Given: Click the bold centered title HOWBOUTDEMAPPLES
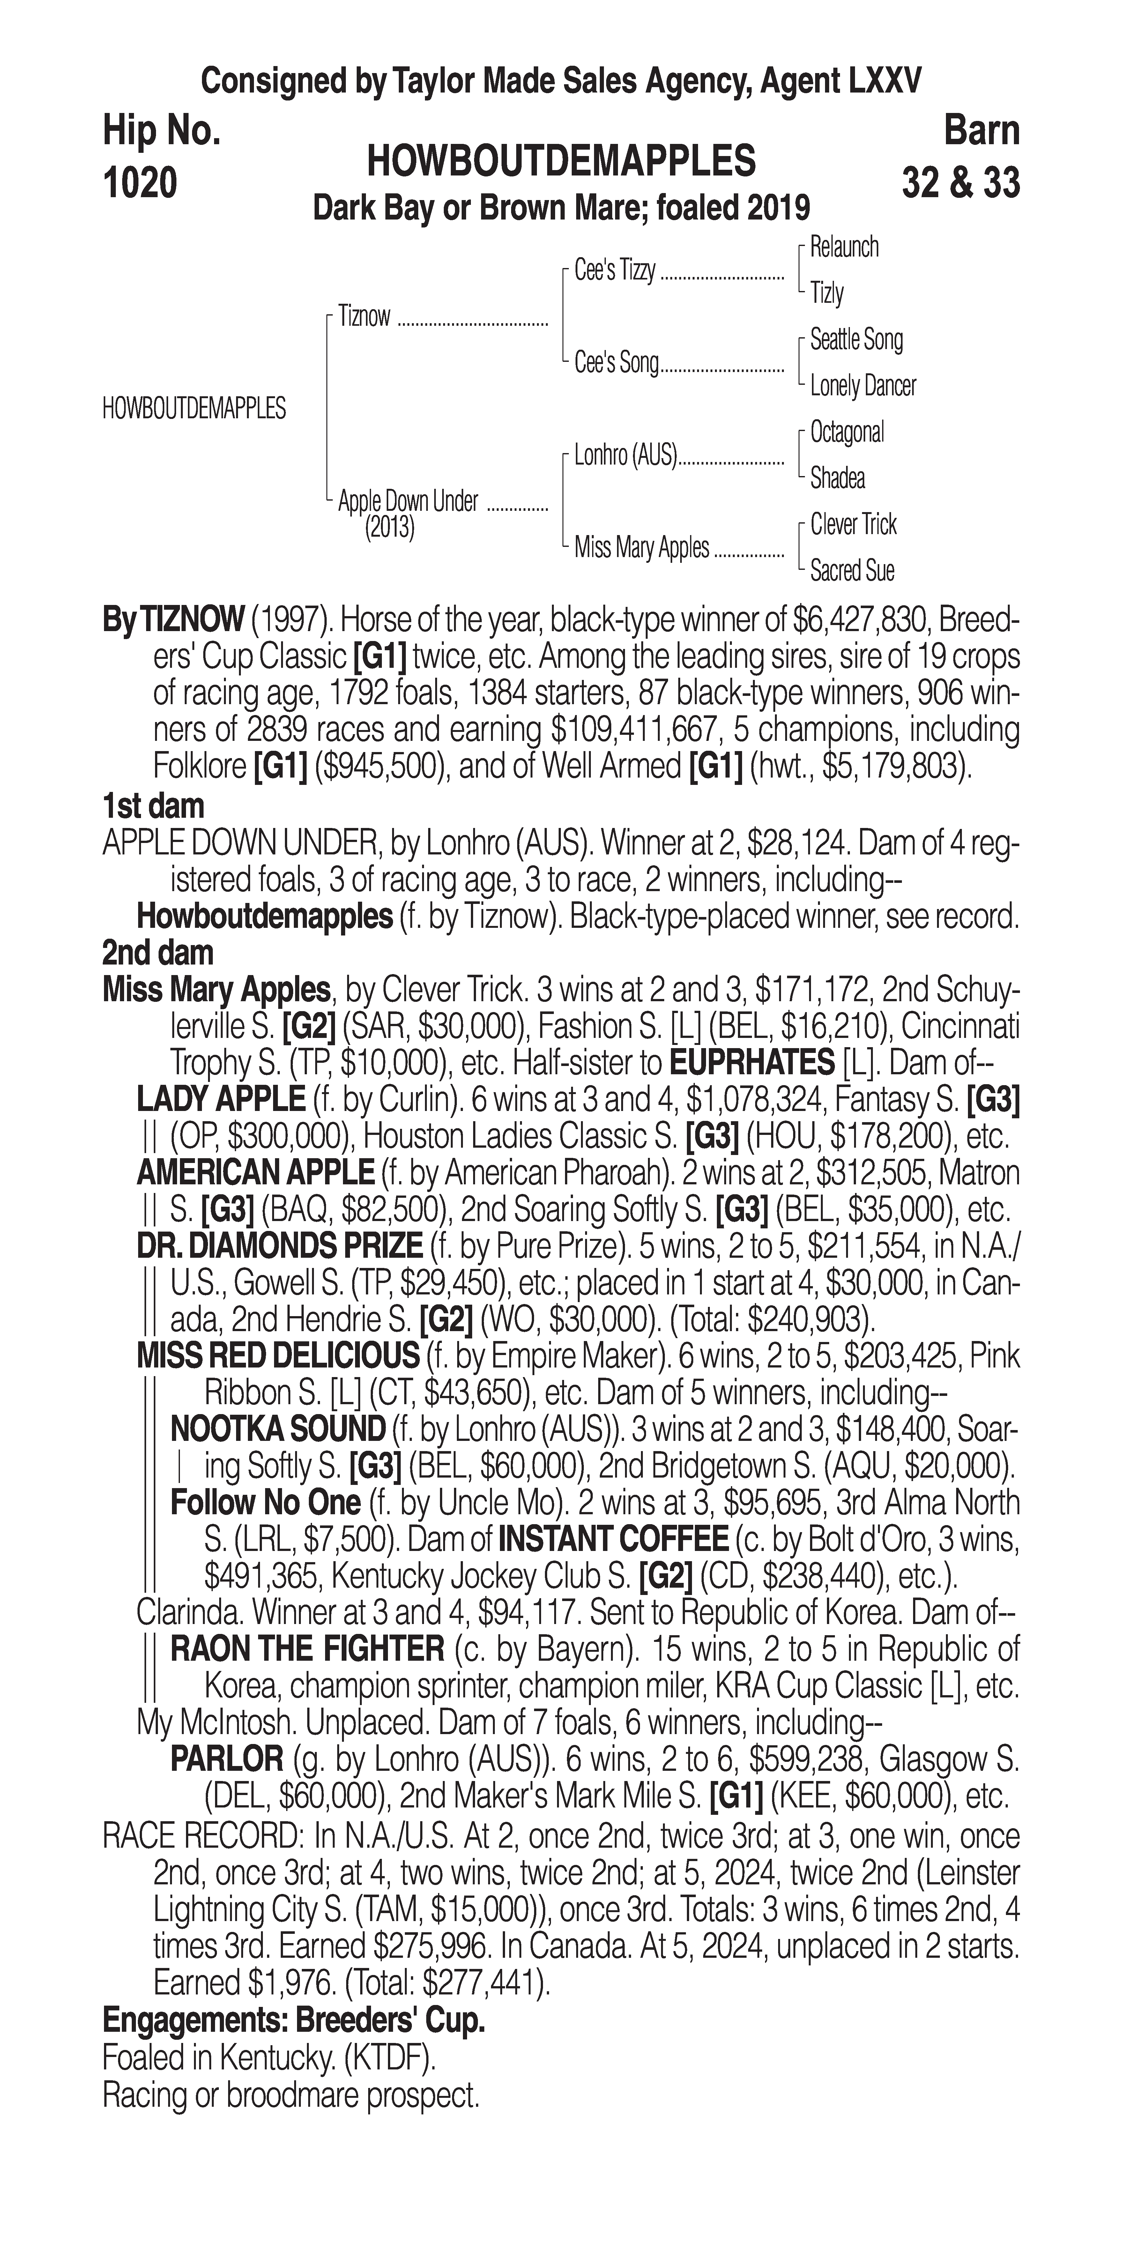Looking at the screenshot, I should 561,162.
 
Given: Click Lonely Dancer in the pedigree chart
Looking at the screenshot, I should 863,386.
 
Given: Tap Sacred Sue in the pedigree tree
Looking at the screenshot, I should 852,571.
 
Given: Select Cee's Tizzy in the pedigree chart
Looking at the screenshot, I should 614,271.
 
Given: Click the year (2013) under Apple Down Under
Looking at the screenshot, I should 389,528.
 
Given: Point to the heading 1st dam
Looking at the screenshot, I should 153,806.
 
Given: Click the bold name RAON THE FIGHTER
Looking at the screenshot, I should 307,1649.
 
